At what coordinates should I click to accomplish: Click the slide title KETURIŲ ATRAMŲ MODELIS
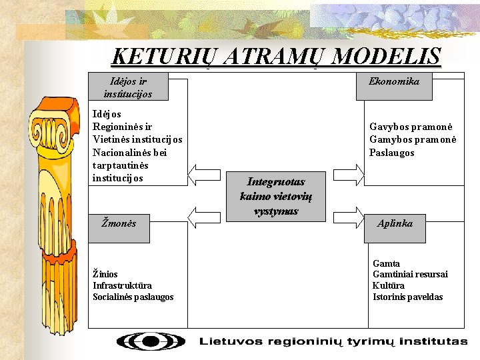(x=276, y=56)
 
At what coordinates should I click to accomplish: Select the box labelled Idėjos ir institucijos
(x=127, y=87)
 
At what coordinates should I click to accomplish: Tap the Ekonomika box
(x=394, y=81)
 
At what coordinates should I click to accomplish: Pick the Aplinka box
(x=394, y=223)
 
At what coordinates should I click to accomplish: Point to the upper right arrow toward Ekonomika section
(x=351, y=175)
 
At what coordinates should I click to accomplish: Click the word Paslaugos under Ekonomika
(x=391, y=153)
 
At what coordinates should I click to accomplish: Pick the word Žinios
(x=105, y=273)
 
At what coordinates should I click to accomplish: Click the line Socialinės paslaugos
(x=133, y=297)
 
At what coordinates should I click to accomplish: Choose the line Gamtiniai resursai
(x=410, y=274)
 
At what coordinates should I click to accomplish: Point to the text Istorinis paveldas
(x=407, y=297)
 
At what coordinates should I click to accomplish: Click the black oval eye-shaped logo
(x=151, y=341)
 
